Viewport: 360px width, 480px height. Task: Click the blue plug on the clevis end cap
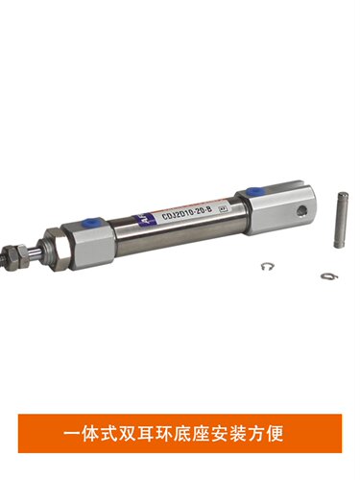[254, 192]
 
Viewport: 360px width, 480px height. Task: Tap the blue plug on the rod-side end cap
[92, 221]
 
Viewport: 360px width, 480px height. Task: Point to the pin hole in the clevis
[301, 210]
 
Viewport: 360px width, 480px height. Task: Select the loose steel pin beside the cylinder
[341, 220]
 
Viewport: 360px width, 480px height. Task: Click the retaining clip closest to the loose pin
[329, 276]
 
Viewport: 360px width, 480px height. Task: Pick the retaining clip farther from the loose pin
[268, 266]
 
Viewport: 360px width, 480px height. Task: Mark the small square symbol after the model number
[222, 208]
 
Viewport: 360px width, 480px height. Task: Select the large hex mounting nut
[58, 250]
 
